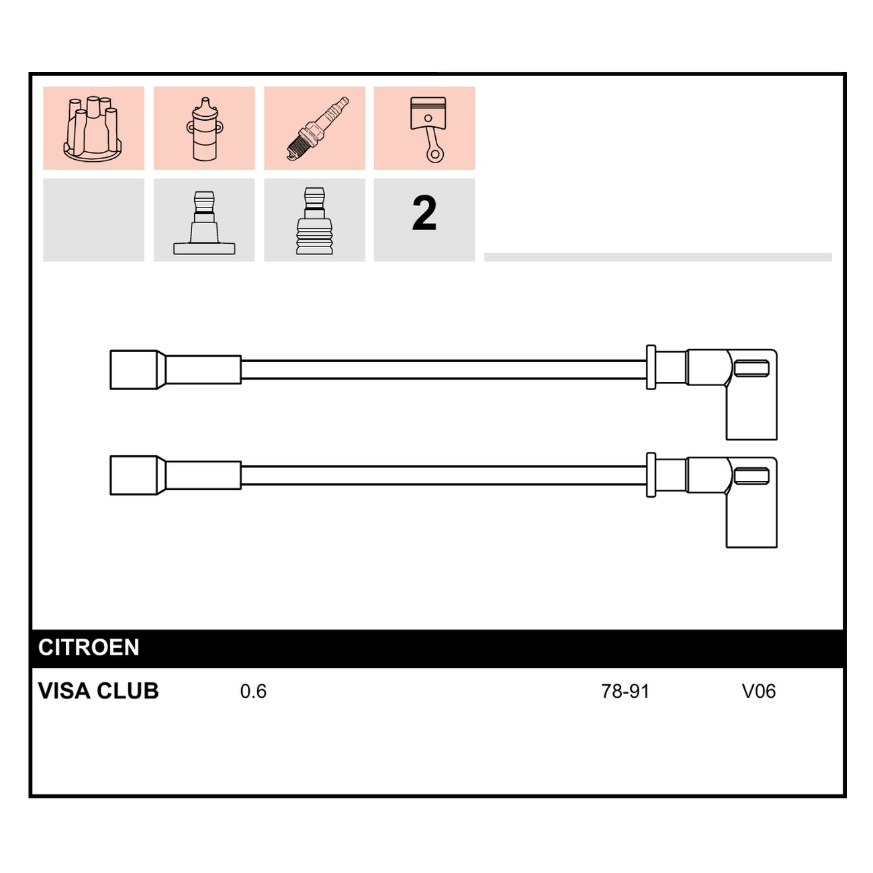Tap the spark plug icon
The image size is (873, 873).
(318, 128)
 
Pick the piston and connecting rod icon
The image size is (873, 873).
(428, 130)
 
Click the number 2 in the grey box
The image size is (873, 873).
(424, 214)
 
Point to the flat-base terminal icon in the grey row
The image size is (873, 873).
(204, 222)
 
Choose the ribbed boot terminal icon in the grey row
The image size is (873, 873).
(314, 221)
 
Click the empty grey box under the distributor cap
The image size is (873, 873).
(93, 220)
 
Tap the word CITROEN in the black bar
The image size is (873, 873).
(89, 647)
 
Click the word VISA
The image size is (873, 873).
(64, 691)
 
